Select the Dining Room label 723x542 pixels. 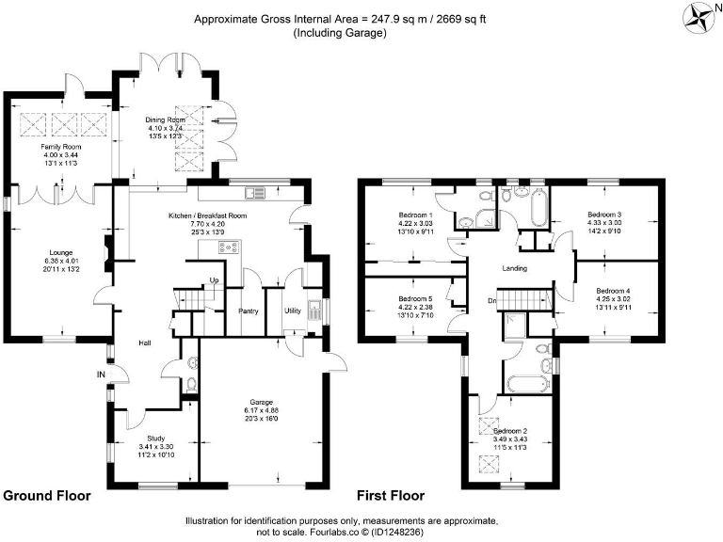164,120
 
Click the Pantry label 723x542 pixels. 249,310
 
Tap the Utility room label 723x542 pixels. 292,310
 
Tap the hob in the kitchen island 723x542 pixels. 229,248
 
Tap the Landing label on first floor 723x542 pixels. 513,268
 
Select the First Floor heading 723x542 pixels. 390,495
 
